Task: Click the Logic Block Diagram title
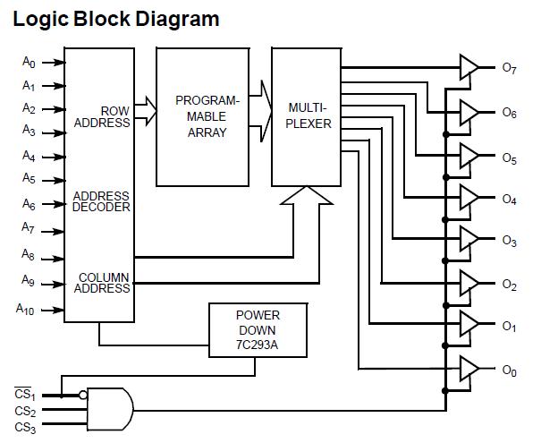pyautogui.click(x=116, y=18)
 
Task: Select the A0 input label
pyautogui.click(x=30, y=63)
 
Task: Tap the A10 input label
pyautogui.click(x=27, y=310)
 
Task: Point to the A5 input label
pyautogui.click(x=30, y=178)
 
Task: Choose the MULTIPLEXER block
pyautogui.click(x=306, y=116)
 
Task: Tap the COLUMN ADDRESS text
pyautogui.click(x=104, y=283)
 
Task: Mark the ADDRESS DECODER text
pyautogui.click(x=101, y=201)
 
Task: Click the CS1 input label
pyautogui.click(x=24, y=395)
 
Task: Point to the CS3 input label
pyautogui.click(x=24, y=428)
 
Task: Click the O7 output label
pyautogui.click(x=509, y=68)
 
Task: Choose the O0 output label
pyautogui.click(x=509, y=370)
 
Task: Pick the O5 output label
pyautogui.click(x=509, y=159)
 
